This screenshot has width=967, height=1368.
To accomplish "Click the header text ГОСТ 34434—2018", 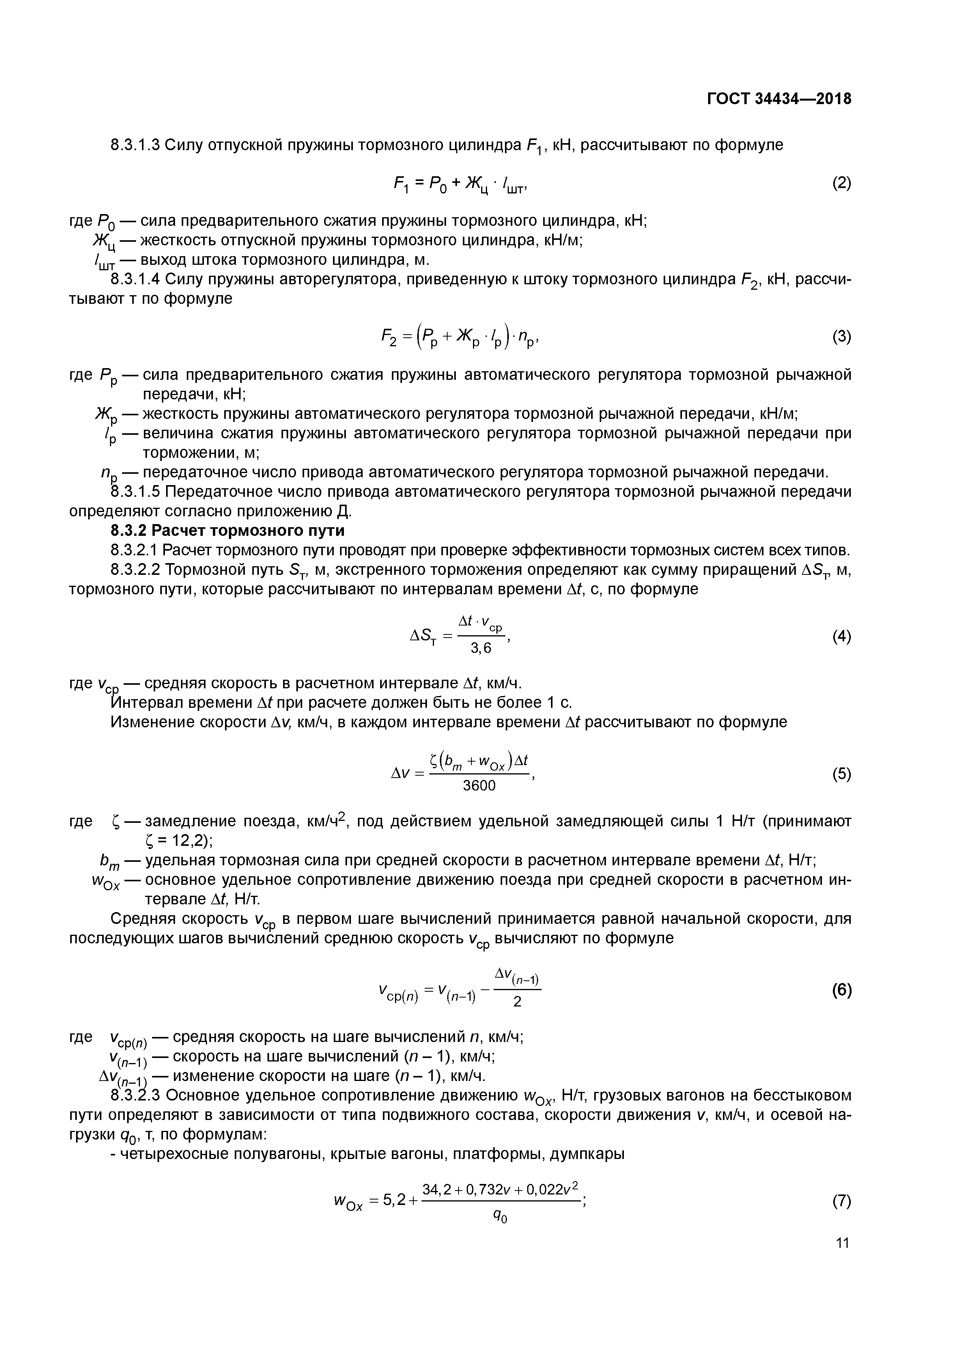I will pyautogui.click(x=779, y=99).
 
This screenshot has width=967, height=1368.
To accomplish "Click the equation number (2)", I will pyautogui.click(x=841, y=183).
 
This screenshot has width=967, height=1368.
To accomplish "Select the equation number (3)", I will pyautogui.click(x=841, y=337).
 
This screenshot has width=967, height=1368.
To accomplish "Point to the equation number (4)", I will pyautogui.click(x=841, y=636).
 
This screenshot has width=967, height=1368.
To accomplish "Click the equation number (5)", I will pyautogui.click(x=841, y=774).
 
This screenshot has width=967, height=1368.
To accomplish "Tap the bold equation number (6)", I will pyautogui.click(x=841, y=990).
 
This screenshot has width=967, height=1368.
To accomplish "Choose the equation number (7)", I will pyautogui.click(x=841, y=1201).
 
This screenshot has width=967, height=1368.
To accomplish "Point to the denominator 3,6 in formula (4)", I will pyautogui.click(x=481, y=648).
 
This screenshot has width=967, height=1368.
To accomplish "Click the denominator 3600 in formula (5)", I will pyautogui.click(x=479, y=786).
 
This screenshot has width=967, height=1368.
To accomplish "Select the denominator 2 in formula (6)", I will pyautogui.click(x=517, y=1002).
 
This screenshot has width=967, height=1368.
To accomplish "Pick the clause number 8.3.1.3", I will pyautogui.click(x=135, y=144).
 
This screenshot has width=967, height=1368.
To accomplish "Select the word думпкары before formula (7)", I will pyautogui.click(x=587, y=1154).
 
